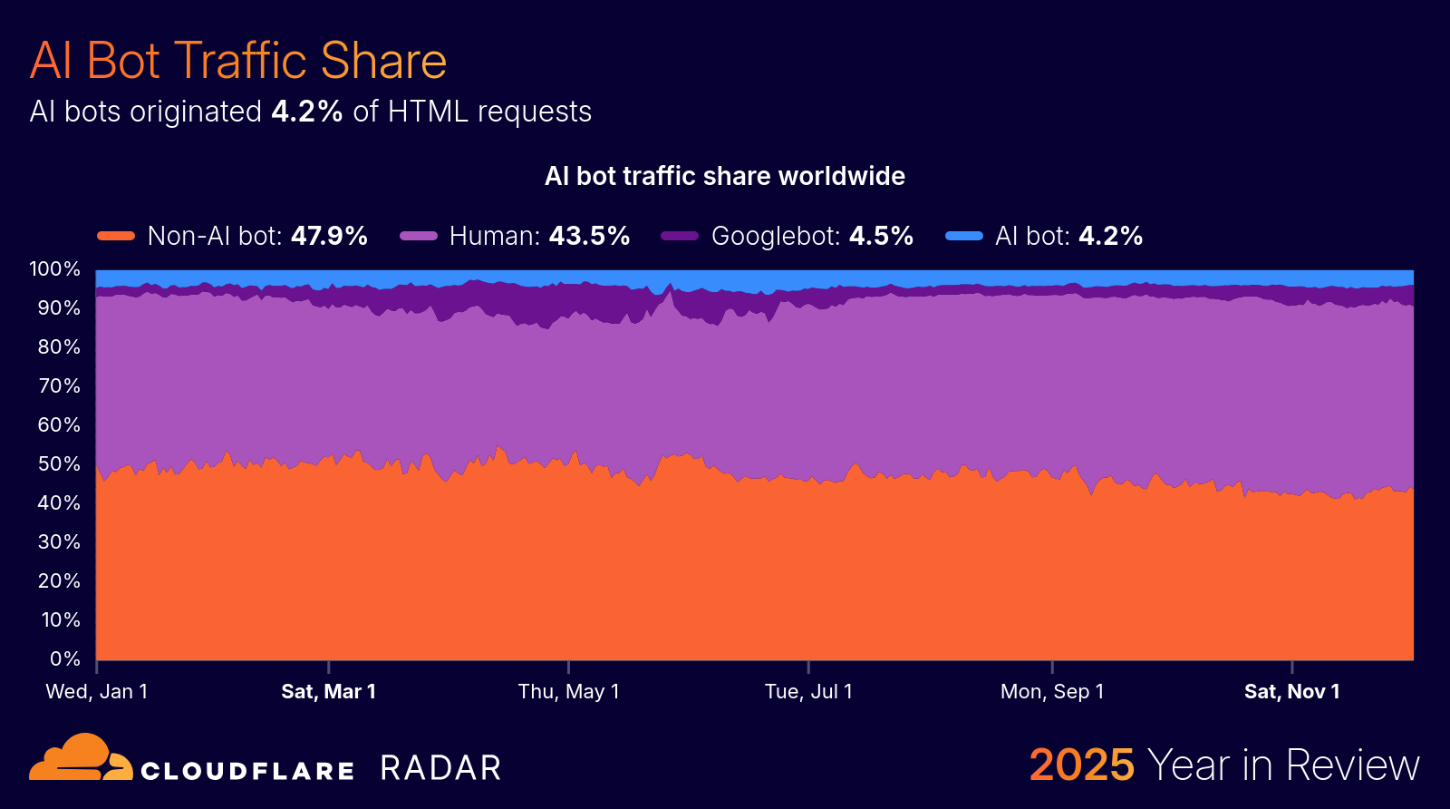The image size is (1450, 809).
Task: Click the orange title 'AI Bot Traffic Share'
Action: [x=237, y=61]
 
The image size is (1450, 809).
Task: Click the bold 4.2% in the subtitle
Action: [x=306, y=112]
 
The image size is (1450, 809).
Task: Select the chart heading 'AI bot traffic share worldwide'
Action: [x=724, y=176]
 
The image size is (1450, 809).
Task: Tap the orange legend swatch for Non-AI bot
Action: [x=116, y=236]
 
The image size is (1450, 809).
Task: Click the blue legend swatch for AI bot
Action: [x=963, y=236]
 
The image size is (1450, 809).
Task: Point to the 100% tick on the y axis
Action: [x=55, y=269]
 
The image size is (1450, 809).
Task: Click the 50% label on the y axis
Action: [x=59, y=464]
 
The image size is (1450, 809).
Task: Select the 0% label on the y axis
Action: [x=64, y=659]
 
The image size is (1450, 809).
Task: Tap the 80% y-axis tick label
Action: [x=59, y=347]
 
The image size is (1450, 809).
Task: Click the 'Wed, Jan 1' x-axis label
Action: [x=97, y=692]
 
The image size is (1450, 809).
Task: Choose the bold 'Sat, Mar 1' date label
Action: [x=328, y=692]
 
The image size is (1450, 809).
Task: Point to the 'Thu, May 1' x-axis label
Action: [x=568, y=692]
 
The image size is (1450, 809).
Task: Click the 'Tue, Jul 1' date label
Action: [x=808, y=692]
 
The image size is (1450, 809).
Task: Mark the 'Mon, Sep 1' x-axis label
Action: [x=1052, y=692]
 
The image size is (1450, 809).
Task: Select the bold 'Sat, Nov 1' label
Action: [x=1291, y=692]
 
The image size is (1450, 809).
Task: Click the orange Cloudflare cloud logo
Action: [x=80, y=758]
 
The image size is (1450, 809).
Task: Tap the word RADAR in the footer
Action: [x=440, y=768]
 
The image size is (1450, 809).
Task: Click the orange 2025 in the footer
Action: [x=1081, y=765]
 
